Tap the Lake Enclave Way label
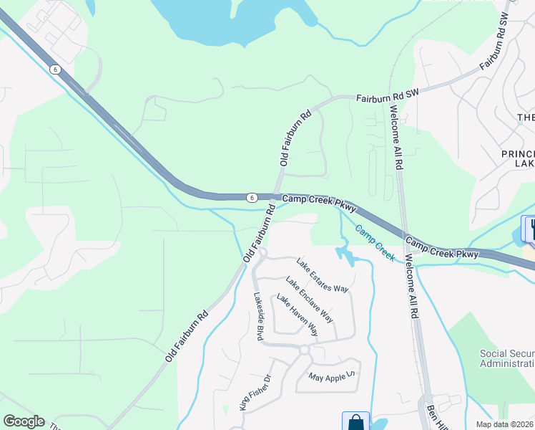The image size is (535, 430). [309, 298]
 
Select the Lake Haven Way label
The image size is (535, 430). [297, 316]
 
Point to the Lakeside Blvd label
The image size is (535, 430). [259, 315]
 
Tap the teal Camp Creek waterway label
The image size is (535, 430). [375, 244]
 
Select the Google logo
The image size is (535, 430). [24, 421]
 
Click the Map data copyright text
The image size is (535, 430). [505, 424]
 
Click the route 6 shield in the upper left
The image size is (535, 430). [55, 70]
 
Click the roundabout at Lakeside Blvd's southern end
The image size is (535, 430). [303, 350]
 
